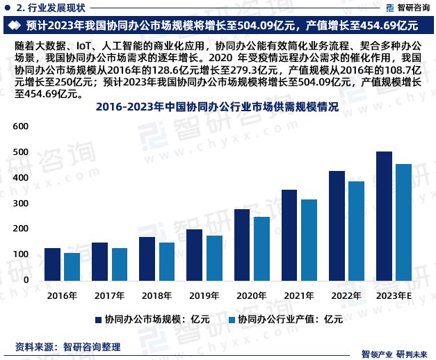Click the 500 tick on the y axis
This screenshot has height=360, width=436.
pos(20,152)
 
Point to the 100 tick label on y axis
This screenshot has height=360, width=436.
pos(20,254)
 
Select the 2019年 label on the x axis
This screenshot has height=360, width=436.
pos(185,295)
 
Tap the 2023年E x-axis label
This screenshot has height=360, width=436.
pos(394,295)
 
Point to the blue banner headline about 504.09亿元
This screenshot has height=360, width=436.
pos(217,26)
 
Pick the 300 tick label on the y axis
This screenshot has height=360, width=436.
pos(20,203)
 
